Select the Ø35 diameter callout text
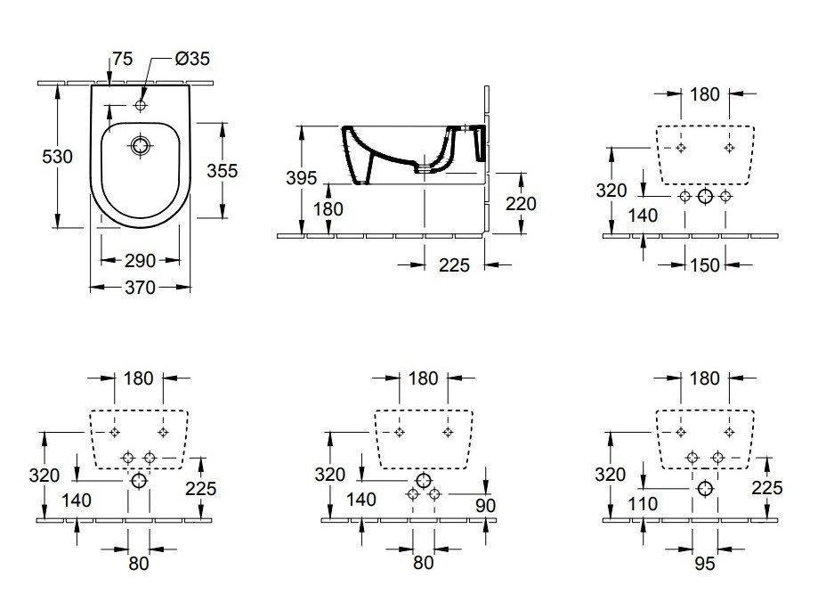pos(192,60)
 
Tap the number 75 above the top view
pos(123,60)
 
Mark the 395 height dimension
pos(302,178)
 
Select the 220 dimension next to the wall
pos(521,204)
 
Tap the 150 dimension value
pos(705,264)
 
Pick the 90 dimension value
pos(485,505)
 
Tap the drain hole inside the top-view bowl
pos(141,145)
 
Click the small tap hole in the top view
pos(141,106)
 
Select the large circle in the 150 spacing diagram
pos(705,197)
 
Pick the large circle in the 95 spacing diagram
pos(705,489)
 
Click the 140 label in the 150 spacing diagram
pos(643,215)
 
